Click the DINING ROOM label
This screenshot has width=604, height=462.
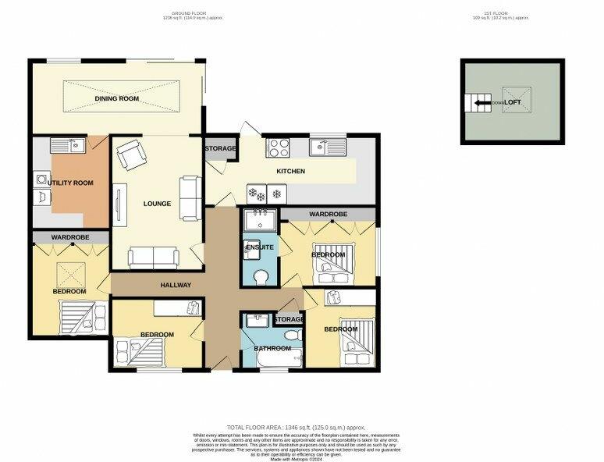coord(116,99)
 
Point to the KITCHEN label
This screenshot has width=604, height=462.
coord(290,171)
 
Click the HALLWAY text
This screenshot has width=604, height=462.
coord(176,285)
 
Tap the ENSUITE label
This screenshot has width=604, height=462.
coord(260,247)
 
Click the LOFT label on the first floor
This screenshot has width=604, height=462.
coord(512,102)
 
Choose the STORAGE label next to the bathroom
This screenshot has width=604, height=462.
coord(289,320)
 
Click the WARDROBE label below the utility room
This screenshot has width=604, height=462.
coord(70,236)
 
